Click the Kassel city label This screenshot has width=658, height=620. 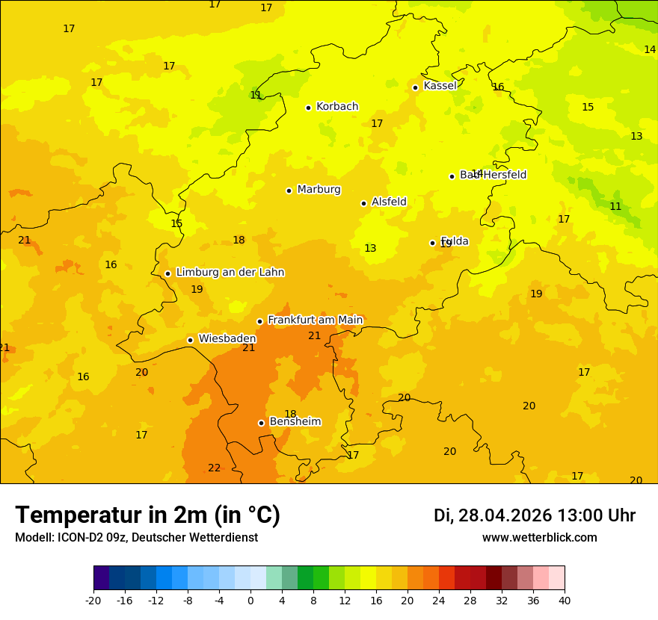(440, 86)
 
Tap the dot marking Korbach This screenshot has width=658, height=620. (308, 108)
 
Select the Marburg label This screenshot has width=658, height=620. (319, 190)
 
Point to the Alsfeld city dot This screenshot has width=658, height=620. (363, 203)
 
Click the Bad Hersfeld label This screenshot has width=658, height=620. (493, 175)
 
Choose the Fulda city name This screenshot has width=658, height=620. (455, 241)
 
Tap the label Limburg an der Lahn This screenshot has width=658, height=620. (230, 273)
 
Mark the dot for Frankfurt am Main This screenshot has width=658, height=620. (259, 321)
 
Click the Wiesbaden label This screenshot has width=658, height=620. (227, 339)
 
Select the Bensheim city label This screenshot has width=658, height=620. (295, 422)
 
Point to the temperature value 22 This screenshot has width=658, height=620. (215, 468)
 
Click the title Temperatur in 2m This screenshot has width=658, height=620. (147, 515)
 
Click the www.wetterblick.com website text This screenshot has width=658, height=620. (539, 538)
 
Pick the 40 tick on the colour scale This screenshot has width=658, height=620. (565, 600)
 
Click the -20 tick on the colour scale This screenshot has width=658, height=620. (93, 600)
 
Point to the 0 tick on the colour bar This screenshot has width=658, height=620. (250, 600)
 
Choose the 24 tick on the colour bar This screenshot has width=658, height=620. (439, 600)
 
